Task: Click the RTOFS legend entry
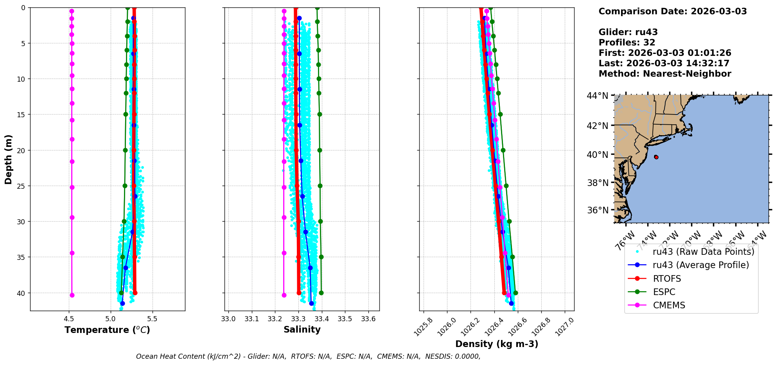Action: pos(667,279)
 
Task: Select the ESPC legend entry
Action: pos(664,292)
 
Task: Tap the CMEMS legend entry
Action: pos(669,305)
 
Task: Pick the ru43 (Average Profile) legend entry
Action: pos(700,265)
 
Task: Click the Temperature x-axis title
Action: pos(107,330)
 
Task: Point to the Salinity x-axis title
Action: pos(302,329)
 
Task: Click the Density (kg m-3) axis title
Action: pos(497,344)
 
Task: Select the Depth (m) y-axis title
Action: pos(9,159)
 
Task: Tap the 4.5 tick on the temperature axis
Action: pos(69,318)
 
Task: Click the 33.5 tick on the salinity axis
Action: pos(345,318)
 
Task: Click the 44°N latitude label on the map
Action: pos(597,96)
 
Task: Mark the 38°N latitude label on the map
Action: pos(597,183)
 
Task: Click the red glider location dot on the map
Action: pos(656,157)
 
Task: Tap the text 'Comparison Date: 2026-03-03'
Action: pos(672,11)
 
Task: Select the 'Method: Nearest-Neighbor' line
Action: pos(664,73)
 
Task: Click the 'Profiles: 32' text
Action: pos(627,43)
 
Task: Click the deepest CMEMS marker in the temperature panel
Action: pos(72,295)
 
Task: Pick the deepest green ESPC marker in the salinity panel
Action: pos(321,293)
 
